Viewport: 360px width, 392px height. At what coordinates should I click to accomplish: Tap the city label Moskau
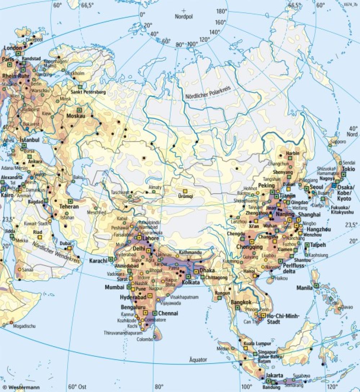click(76, 116)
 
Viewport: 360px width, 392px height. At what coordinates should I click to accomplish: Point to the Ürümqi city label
click(186, 197)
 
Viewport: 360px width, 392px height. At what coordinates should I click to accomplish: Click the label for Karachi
click(98, 260)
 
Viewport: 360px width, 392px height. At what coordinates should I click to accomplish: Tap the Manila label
click(305, 288)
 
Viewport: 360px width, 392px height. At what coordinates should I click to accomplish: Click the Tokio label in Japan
click(348, 169)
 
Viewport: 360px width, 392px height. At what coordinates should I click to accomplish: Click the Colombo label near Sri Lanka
click(145, 339)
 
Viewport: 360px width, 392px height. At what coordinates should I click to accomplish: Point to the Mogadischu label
click(24, 326)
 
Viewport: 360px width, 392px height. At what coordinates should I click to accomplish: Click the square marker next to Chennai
click(155, 313)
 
